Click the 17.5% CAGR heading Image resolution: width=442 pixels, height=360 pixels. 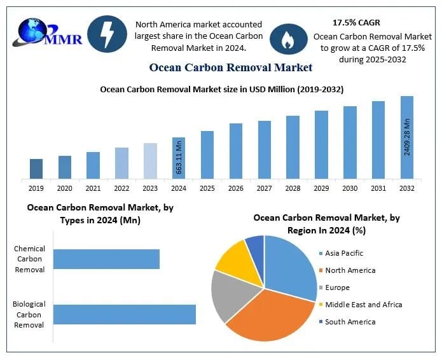[x=356, y=22]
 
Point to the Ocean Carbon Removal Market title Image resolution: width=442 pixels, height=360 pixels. [x=231, y=67]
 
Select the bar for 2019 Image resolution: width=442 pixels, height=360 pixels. [x=36, y=169]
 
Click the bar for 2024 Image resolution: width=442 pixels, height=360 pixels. [x=179, y=158]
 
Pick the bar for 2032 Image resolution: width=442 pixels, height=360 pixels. [x=407, y=137]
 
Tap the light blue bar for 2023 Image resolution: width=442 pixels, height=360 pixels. [x=150, y=161]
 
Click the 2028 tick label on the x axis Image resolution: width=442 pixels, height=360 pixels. [x=293, y=188]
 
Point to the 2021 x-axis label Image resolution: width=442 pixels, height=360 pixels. [x=93, y=188]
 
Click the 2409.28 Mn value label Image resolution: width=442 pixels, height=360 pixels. [x=407, y=136]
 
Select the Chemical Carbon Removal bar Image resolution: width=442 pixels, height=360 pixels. [x=106, y=259]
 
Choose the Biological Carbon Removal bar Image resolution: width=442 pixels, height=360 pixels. [x=124, y=315]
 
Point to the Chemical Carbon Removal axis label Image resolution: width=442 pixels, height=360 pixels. [x=29, y=260]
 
